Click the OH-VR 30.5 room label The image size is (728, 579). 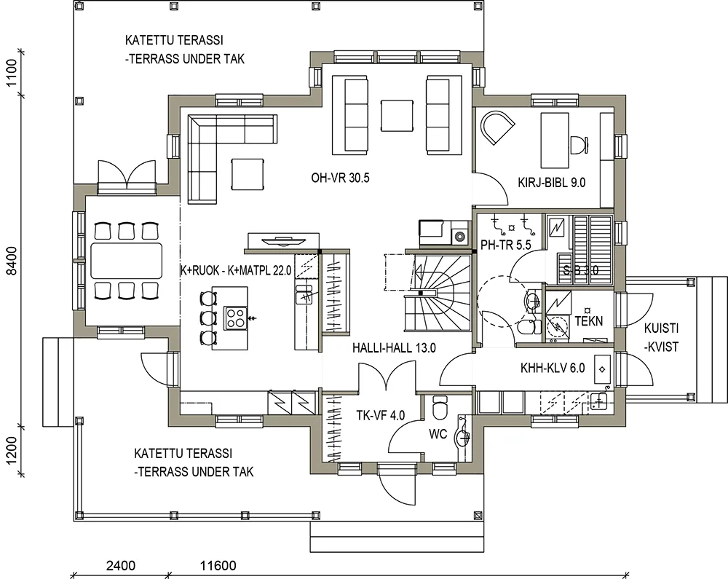coord(340,178)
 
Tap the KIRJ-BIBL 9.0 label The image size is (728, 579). coord(552,183)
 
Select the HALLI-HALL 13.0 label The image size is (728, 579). coord(394,348)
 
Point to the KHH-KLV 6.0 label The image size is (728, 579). coord(553,369)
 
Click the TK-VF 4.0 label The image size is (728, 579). coord(380,415)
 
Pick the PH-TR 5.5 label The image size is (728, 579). coord(506,245)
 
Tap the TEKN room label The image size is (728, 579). coord(589,321)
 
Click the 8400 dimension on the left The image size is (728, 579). coord(12,261)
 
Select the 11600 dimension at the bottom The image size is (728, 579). coord(218,566)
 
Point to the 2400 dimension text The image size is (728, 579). coord(121,566)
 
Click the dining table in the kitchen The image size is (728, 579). coord(126,260)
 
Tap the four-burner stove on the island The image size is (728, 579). coord(234,318)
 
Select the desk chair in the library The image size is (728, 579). coord(579,144)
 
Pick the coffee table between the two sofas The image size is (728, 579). coord(397,116)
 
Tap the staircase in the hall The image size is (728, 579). coord(438,293)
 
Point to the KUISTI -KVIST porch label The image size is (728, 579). coord(661,337)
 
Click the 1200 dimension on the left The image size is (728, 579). coord(12,449)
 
